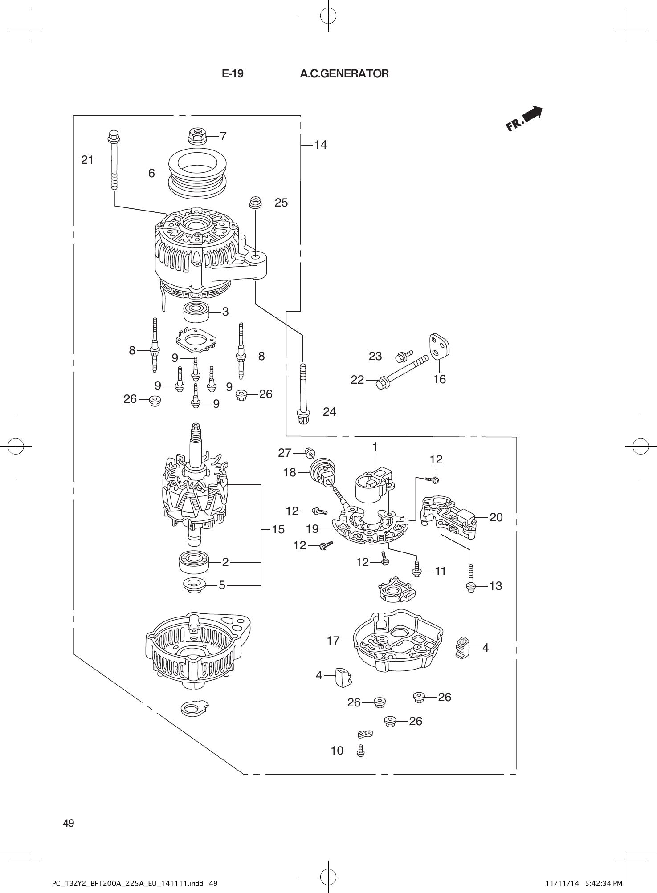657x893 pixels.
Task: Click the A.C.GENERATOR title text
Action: (344, 74)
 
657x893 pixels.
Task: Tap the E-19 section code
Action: (233, 74)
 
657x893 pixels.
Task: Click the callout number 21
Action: (87, 160)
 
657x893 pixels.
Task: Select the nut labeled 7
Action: (197, 135)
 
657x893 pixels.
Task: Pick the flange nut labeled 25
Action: (255, 203)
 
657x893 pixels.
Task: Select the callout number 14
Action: (320, 145)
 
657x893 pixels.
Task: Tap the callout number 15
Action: (278, 529)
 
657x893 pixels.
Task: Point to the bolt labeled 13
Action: (470, 579)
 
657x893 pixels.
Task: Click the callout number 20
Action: (496, 517)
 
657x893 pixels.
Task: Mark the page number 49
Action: (69, 823)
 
